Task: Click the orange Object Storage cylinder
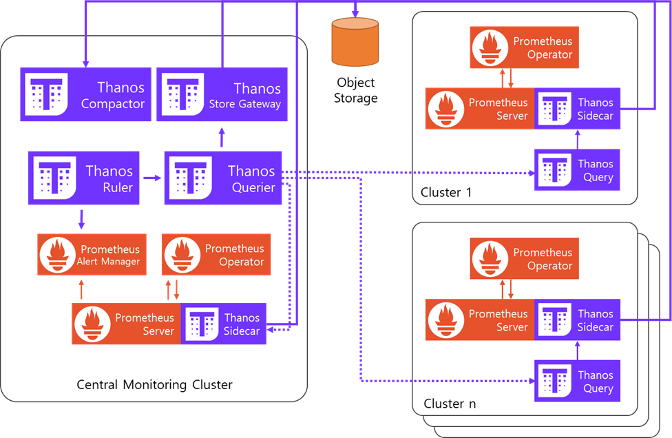point(355,42)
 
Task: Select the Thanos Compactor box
point(85,95)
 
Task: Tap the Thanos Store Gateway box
point(222,95)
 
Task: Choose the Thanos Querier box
point(223,178)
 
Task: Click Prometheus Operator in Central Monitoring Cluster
point(216,255)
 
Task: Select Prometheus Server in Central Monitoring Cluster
point(127,324)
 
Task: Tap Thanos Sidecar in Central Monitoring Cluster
point(224,324)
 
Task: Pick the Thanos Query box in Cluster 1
point(577,170)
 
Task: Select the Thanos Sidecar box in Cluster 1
point(577,109)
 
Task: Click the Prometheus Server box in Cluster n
point(480,320)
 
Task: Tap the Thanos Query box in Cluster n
point(577,381)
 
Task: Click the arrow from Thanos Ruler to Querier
point(152,178)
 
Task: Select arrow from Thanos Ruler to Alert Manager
point(81,219)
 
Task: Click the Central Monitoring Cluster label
point(154,384)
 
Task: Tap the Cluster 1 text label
point(446,192)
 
